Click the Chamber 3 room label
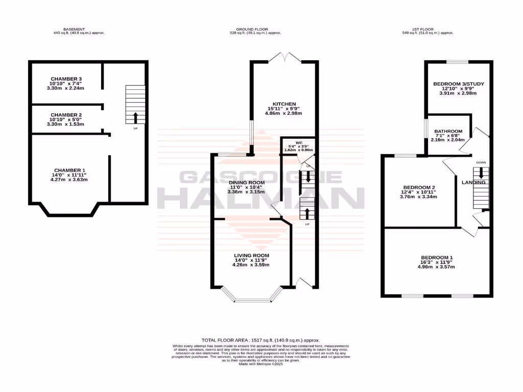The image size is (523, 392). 66,79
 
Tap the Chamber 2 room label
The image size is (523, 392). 66,115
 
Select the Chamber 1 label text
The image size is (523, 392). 70,170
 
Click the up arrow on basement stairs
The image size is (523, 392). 135,117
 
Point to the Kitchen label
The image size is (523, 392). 283,104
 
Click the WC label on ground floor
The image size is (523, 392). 299,143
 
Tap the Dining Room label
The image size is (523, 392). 247,183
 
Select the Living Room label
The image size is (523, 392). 251,256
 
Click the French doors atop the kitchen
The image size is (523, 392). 284,57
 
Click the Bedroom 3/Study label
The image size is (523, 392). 458,84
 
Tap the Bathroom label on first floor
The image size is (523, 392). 448,131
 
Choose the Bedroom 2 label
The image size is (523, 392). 419,187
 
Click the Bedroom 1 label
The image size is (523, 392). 436,257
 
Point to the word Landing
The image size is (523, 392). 473,182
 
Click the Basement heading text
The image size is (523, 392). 74,29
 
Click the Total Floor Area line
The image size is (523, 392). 260,339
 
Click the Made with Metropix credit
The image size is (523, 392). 260,364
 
